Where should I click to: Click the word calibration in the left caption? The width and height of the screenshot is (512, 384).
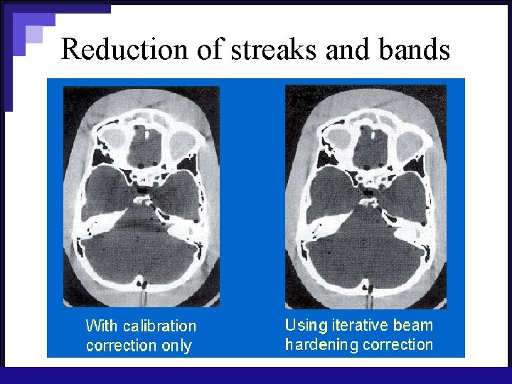(x=159, y=326)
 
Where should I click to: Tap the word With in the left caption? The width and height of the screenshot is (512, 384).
(x=102, y=326)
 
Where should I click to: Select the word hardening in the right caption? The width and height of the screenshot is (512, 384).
(x=321, y=345)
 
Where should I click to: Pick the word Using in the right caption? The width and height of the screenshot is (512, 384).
(x=306, y=326)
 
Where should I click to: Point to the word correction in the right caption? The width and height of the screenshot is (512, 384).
(x=398, y=345)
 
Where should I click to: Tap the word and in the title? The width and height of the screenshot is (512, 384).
(x=349, y=49)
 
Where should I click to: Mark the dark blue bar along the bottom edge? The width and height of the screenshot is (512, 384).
(x=256, y=375)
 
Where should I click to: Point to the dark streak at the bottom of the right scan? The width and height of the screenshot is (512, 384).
(x=370, y=291)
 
